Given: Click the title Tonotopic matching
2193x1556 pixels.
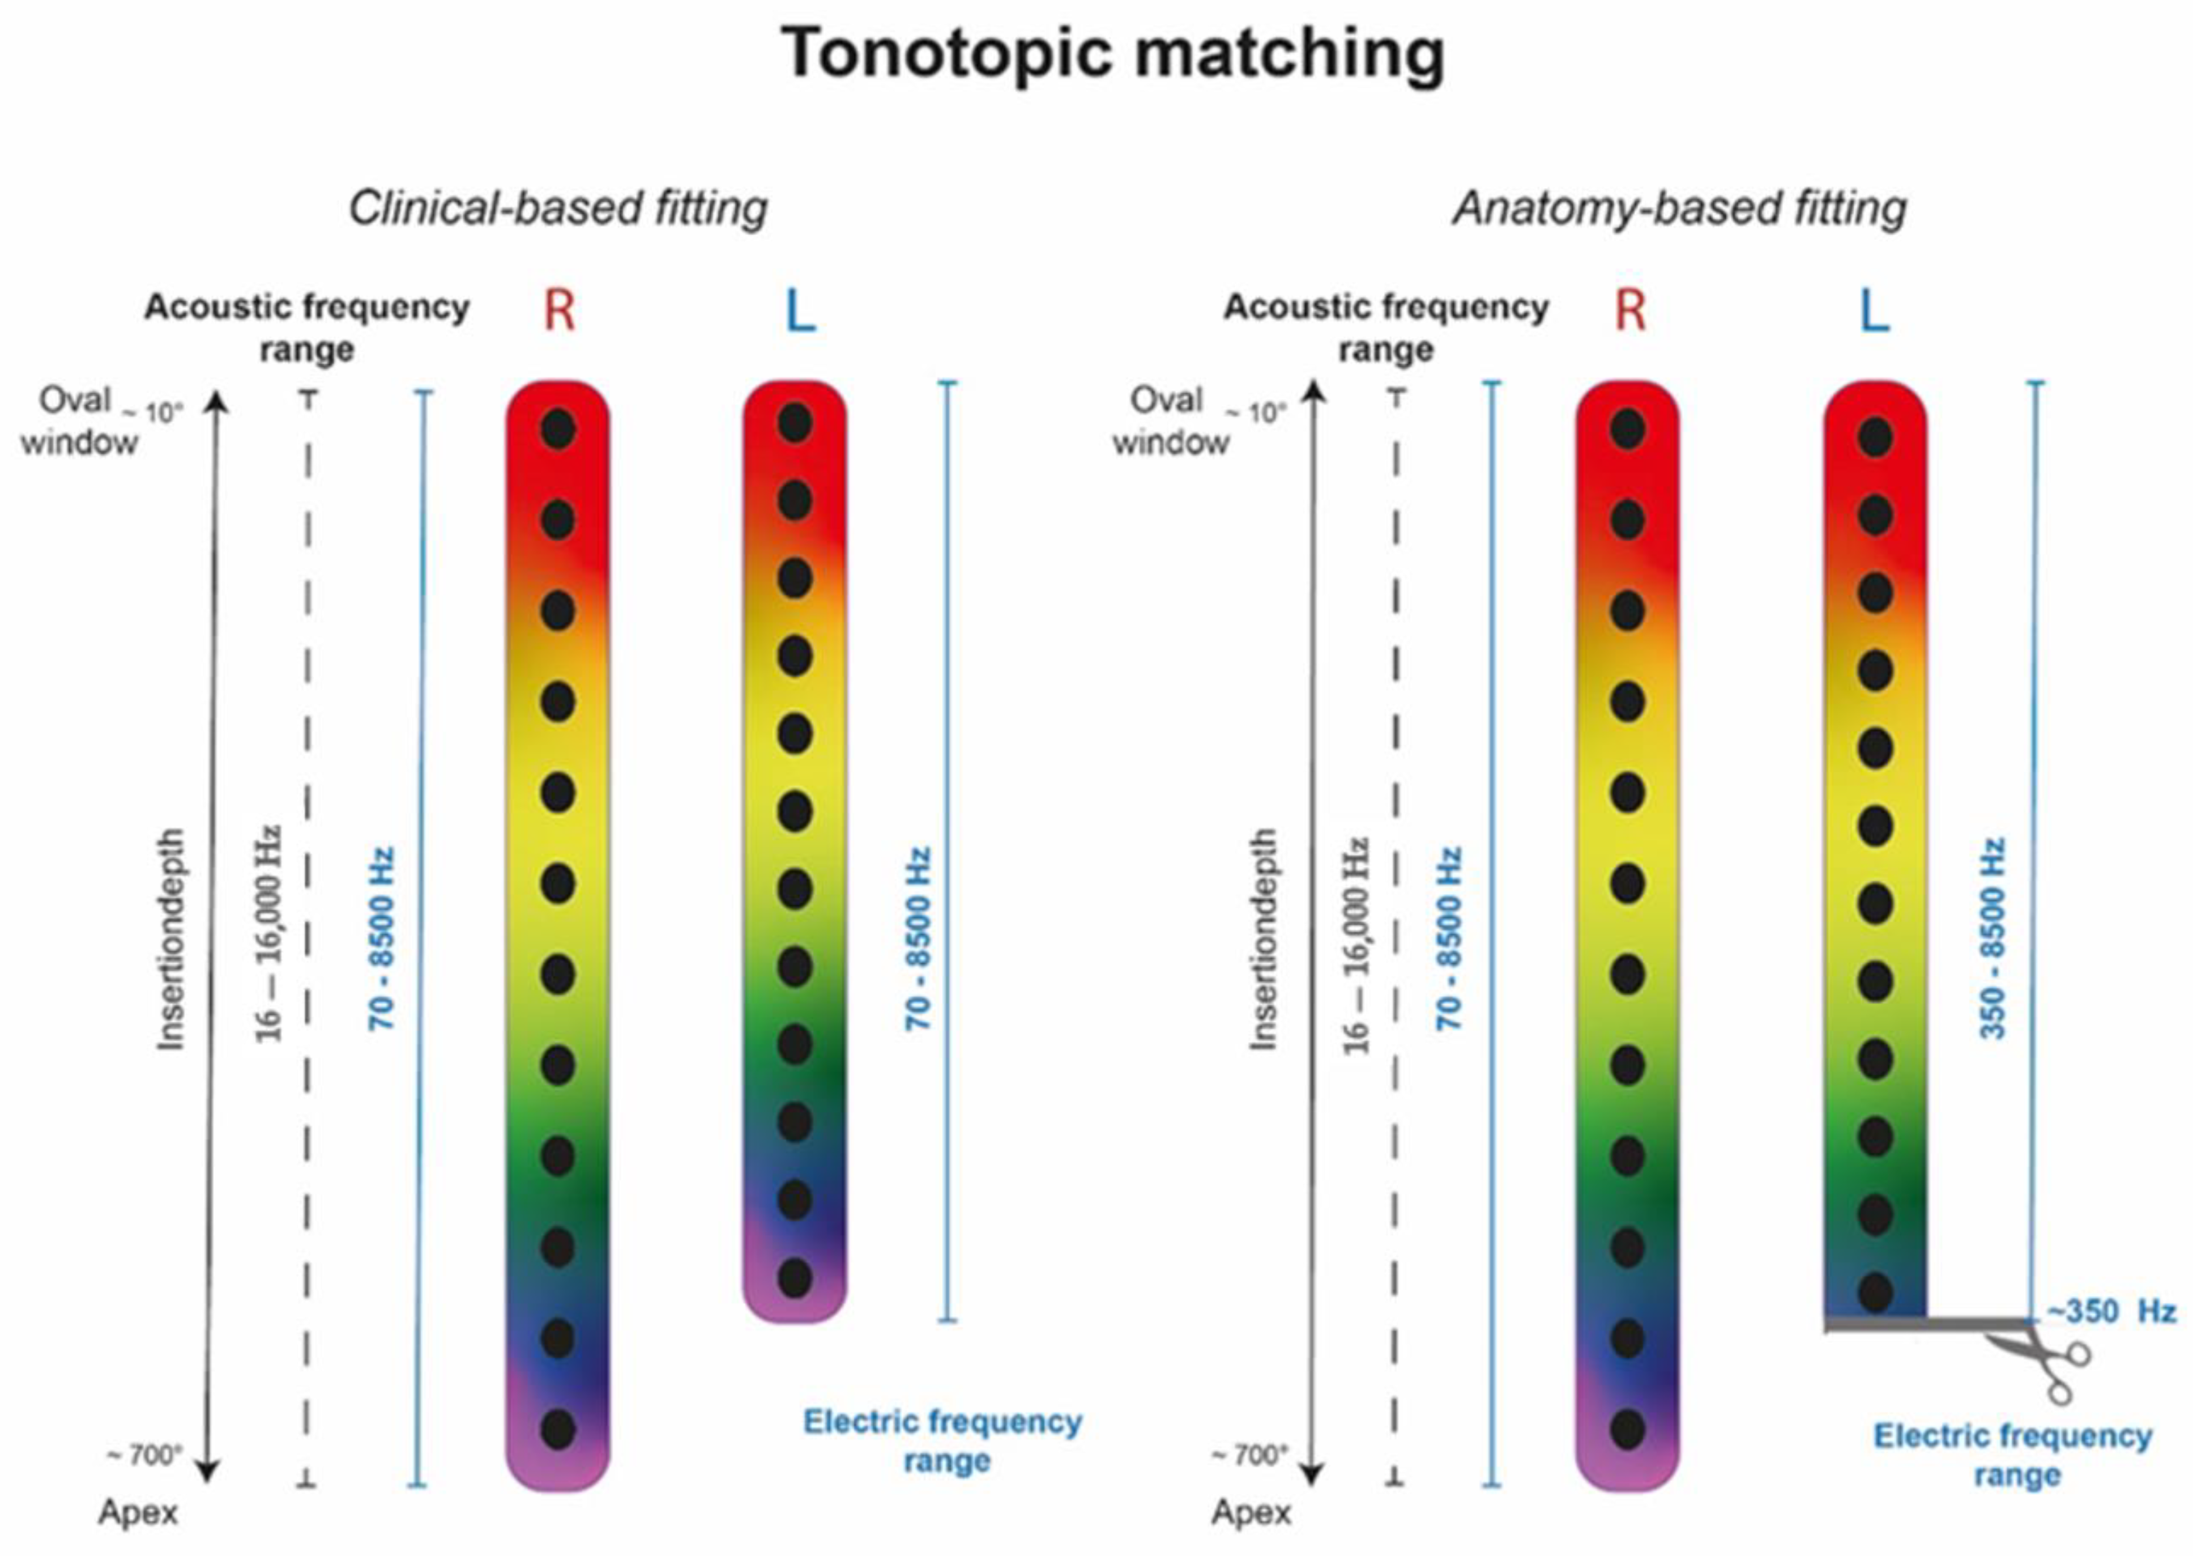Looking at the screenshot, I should (x=1113, y=54).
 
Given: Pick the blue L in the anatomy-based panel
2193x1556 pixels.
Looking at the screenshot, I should (x=1874, y=312).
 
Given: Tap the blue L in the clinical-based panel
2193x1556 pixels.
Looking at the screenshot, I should (x=801, y=312).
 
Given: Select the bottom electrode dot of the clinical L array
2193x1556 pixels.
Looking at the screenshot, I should (x=795, y=1278).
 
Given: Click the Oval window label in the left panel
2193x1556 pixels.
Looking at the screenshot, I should (x=79, y=420).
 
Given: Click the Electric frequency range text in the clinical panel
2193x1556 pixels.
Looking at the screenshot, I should (x=942, y=1440).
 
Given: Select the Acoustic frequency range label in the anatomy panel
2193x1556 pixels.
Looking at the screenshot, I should (x=1386, y=328).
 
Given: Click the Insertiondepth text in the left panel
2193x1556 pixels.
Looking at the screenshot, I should (x=170, y=939).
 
